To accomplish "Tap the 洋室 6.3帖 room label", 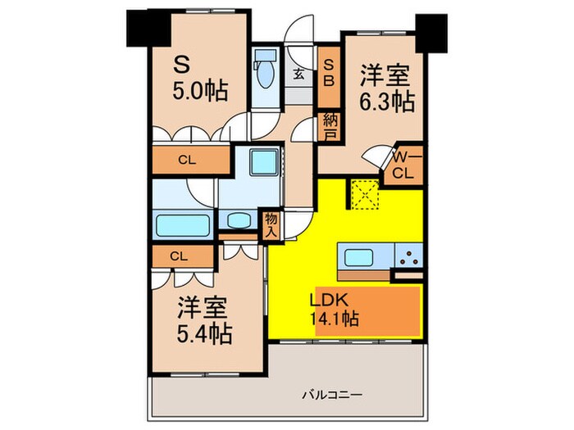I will coord(386,90).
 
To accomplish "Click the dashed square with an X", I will coord(363,195).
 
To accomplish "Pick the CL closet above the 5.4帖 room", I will coord(179,256).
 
